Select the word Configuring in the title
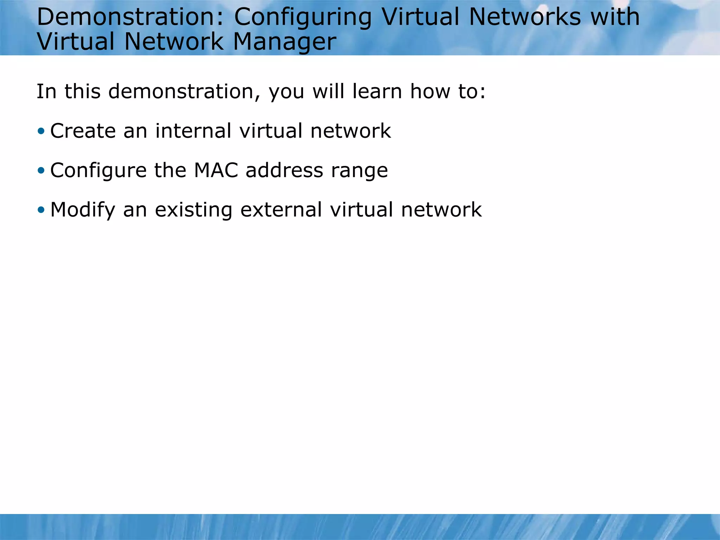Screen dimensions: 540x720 pyautogui.click(x=303, y=18)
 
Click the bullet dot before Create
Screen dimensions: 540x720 pyautogui.click(x=41, y=131)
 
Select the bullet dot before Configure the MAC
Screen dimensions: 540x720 pyautogui.click(x=41, y=171)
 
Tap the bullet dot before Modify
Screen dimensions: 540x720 pyautogui.click(x=41, y=210)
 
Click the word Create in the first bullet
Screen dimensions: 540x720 pyautogui.click(x=83, y=131)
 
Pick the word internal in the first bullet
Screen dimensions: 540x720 pyautogui.click(x=193, y=131)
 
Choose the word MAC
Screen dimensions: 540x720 pyautogui.click(x=216, y=171)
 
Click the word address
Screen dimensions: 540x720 pyautogui.click(x=284, y=171)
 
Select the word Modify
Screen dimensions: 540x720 pyautogui.click(x=83, y=210)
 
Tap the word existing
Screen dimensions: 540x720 pyautogui.click(x=194, y=210)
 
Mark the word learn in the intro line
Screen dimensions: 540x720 pyautogui.click(x=377, y=92)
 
